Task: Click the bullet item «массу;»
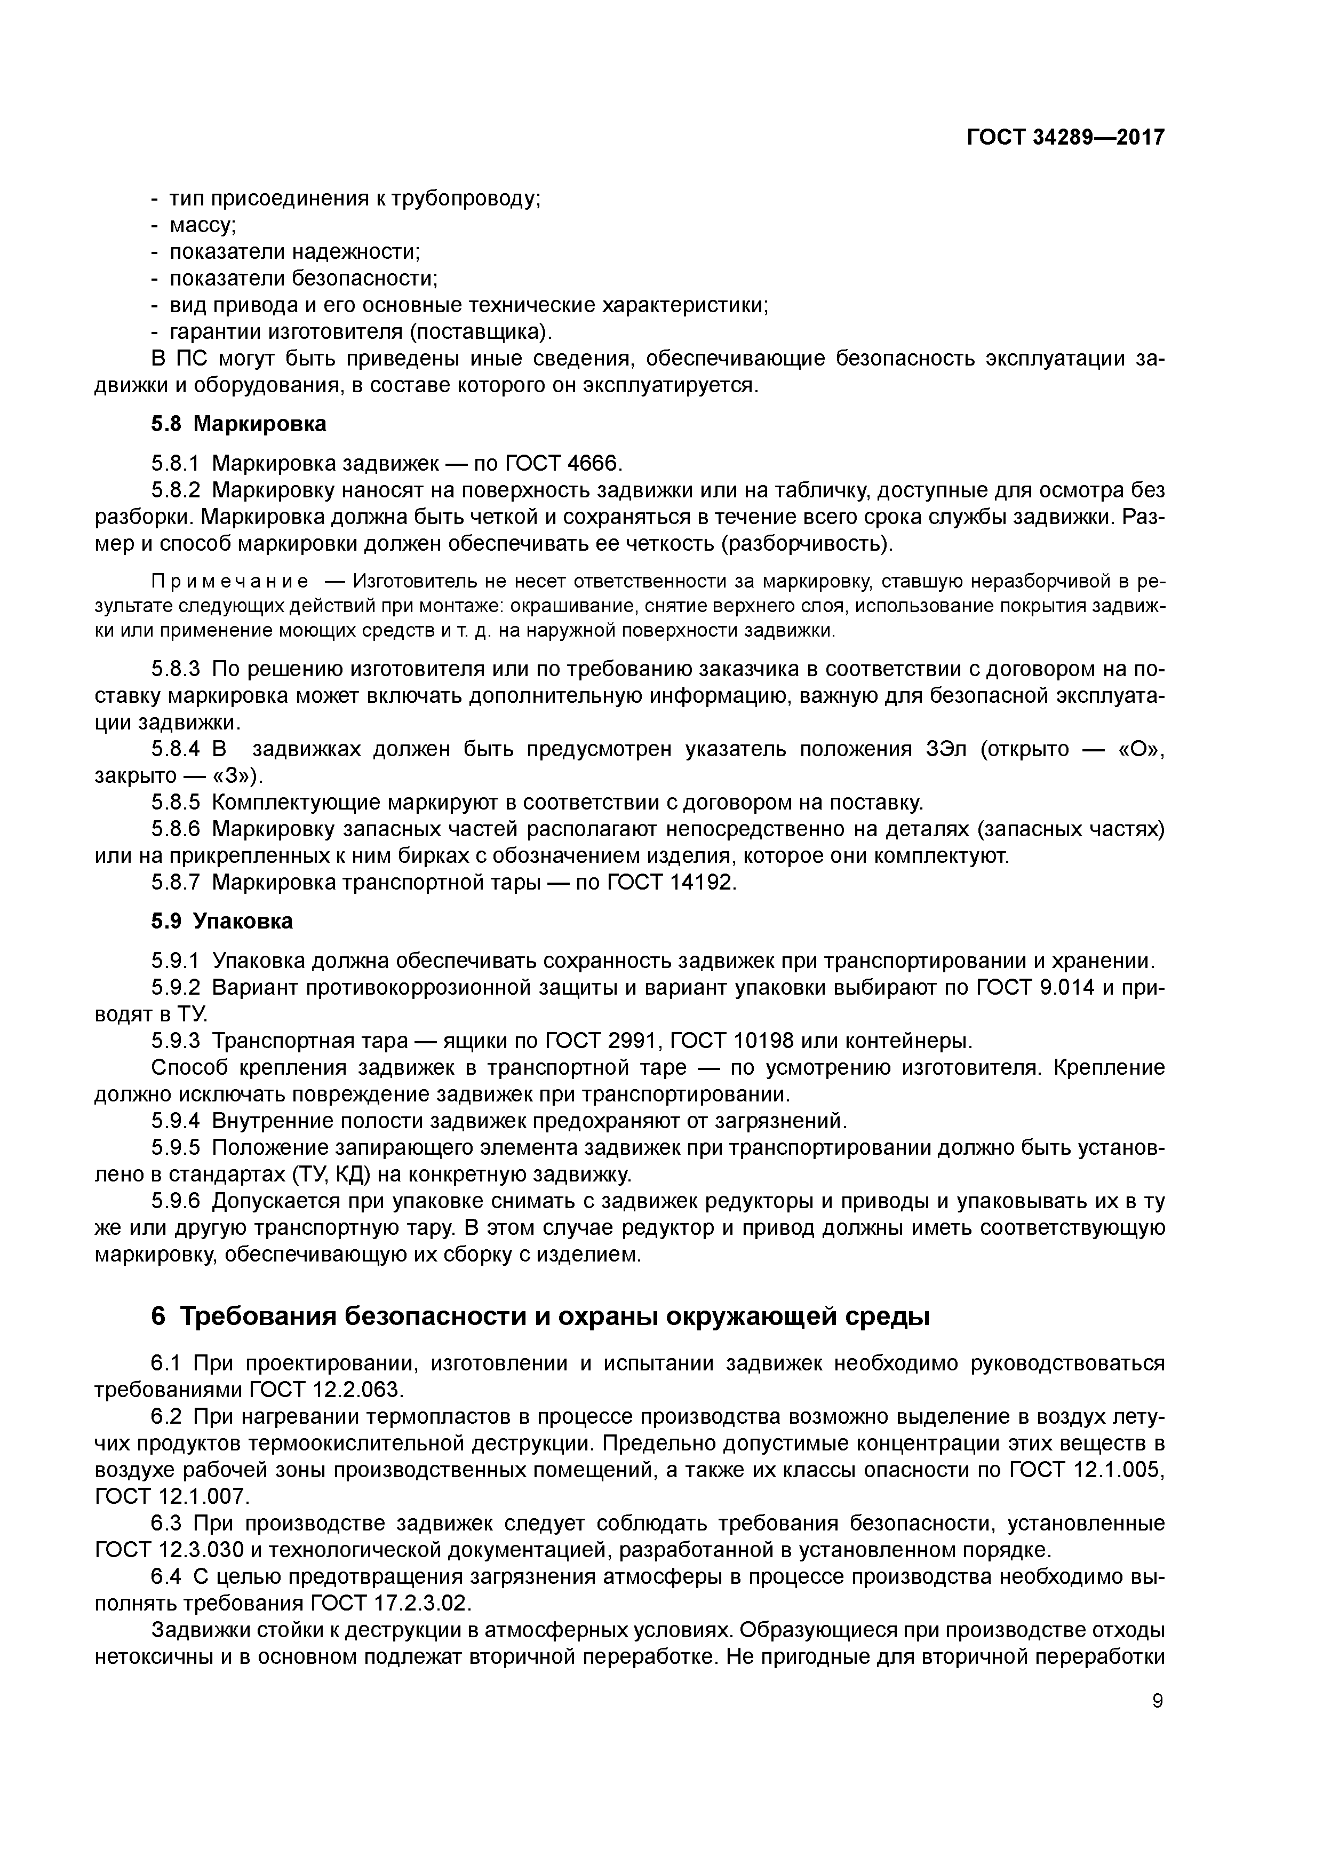pyautogui.click(x=202, y=225)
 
